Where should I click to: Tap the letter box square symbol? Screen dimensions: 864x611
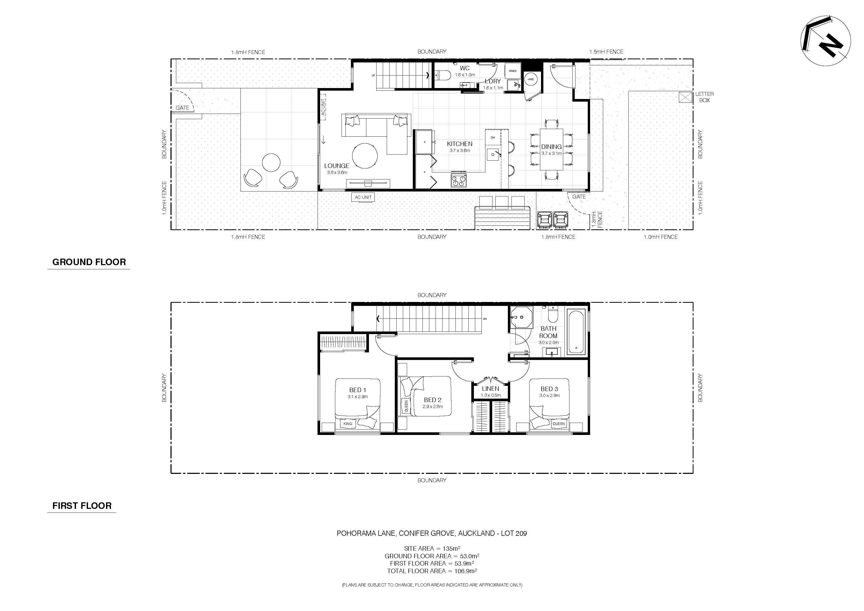tap(685, 97)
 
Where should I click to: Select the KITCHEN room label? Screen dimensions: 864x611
tap(460, 144)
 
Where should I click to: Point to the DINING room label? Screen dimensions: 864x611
tap(551, 147)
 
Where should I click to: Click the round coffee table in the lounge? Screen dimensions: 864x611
tap(365, 155)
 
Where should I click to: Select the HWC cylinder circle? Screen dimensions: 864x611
tap(531, 79)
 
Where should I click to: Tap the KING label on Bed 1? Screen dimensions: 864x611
tap(348, 424)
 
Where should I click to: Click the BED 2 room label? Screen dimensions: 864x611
tap(432, 400)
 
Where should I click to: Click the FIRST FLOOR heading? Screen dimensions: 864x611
tap(82, 505)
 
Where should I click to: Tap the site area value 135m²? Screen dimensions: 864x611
tap(451, 549)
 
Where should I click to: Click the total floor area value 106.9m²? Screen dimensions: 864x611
tap(466, 571)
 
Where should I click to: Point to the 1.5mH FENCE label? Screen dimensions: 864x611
tap(606, 51)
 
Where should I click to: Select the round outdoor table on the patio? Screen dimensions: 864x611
tap(271, 163)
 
